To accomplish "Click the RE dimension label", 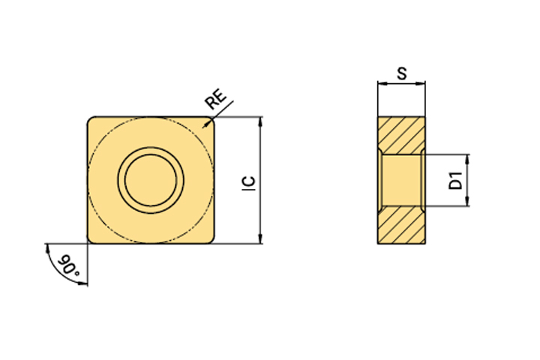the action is (215, 98).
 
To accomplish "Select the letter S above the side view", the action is (402, 73).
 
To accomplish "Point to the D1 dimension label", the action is (456, 180).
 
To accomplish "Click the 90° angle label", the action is (68, 265).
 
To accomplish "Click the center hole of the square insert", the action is (151, 180).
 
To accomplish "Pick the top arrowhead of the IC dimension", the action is (260, 121).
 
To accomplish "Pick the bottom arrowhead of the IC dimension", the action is (260, 239).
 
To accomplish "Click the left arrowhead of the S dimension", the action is (382, 83).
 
